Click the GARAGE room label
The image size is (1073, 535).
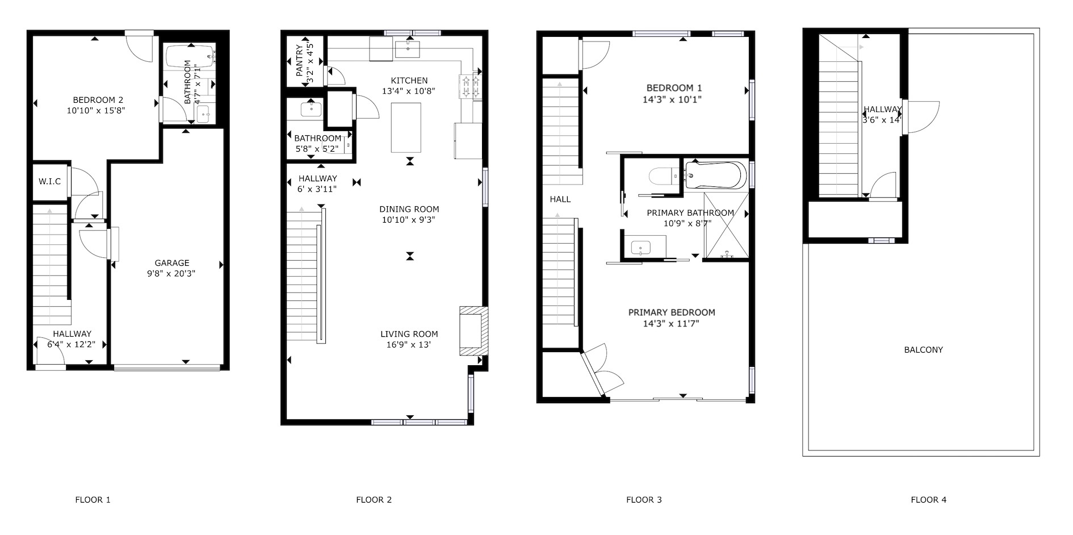click(x=172, y=263)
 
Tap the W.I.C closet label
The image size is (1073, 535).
click(x=49, y=181)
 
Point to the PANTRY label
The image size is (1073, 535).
click(x=300, y=61)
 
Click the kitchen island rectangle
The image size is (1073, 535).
click(x=406, y=128)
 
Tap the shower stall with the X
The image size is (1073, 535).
click(x=726, y=225)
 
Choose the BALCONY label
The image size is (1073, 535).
click(x=923, y=350)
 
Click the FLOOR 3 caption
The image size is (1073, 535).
click(x=644, y=500)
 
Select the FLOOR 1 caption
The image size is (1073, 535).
click(x=93, y=500)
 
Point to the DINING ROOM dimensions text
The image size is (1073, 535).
click(x=409, y=220)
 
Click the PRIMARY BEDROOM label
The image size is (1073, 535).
click(x=672, y=312)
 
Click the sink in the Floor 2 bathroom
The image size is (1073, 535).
click(x=310, y=108)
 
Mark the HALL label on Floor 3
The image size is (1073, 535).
click(x=560, y=199)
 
